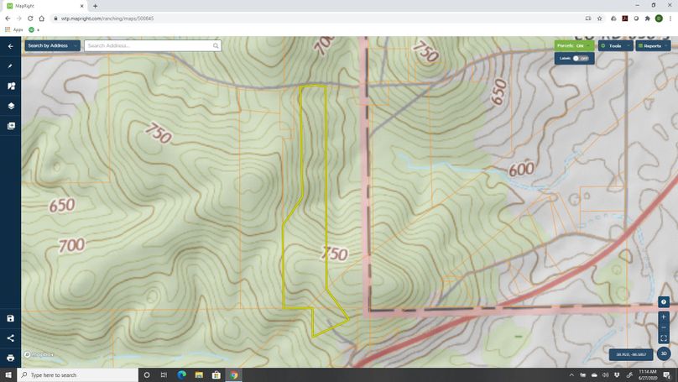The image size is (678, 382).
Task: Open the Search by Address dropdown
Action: click(52, 45)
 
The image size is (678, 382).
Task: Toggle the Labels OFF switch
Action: click(580, 58)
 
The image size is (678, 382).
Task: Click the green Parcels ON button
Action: click(573, 45)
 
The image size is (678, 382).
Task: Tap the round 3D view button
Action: click(663, 354)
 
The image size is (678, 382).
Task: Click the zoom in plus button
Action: click(663, 317)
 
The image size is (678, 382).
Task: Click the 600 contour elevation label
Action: click(521, 169)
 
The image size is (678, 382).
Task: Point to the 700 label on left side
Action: click(71, 245)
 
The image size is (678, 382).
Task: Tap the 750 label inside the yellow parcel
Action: click(334, 254)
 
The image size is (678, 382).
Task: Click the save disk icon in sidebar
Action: click(11, 318)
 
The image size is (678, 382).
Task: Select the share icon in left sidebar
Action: click(11, 338)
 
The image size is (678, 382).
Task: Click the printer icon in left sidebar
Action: click(11, 358)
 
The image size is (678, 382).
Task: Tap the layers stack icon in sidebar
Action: click(11, 106)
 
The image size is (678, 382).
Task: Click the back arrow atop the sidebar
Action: click(11, 46)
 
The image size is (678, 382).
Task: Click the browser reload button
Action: click(30, 18)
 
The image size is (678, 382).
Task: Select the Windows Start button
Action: click(8, 375)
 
